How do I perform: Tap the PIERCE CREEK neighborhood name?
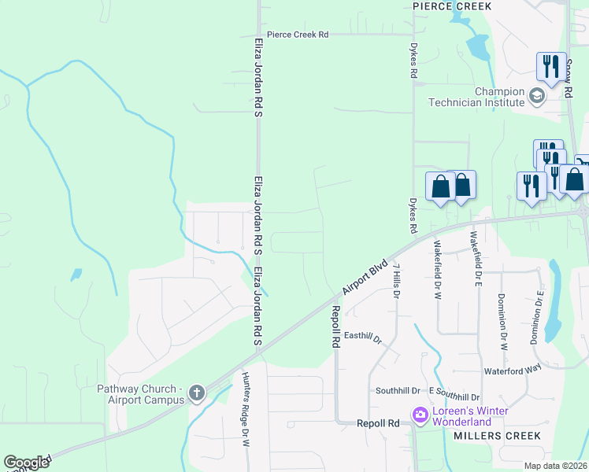pyautogui.click(x=452, y=6)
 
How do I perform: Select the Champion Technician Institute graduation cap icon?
pyautogui.click(x=537, y=96)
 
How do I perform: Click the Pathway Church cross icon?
pyautogui.click(x=196, y=393)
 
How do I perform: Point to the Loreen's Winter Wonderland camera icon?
pyautogui.click(x=420, y=414)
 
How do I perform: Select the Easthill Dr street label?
pyautogui.click(x=362, y=339)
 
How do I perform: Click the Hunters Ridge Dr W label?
pyautogui.click(x=246, y=409)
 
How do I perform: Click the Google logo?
pyautogui.click(x=26, y=463)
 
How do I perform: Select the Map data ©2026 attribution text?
pyautogui.click(x=556, y=466)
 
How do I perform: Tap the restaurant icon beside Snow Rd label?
pyautogui.click(x=550, y=66)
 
